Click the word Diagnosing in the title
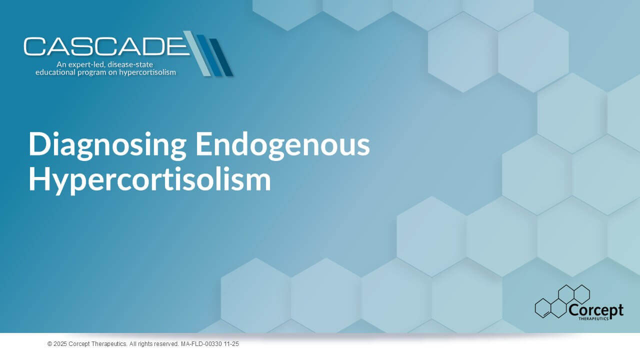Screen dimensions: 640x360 107,145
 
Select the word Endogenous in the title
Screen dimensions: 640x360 283,144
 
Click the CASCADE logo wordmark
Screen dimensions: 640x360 107,46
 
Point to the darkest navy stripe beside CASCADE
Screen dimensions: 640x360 222,57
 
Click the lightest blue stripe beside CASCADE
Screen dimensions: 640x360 197,53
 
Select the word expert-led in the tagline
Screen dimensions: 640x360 86,64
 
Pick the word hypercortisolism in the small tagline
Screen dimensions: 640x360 147,72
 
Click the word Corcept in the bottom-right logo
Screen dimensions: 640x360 596,310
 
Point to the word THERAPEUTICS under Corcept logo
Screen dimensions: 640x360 593,318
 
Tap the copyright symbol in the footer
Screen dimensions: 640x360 49,344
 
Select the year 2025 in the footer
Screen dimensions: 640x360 60,344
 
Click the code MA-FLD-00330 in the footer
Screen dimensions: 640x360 201,344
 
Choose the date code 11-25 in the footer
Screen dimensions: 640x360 231,344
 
